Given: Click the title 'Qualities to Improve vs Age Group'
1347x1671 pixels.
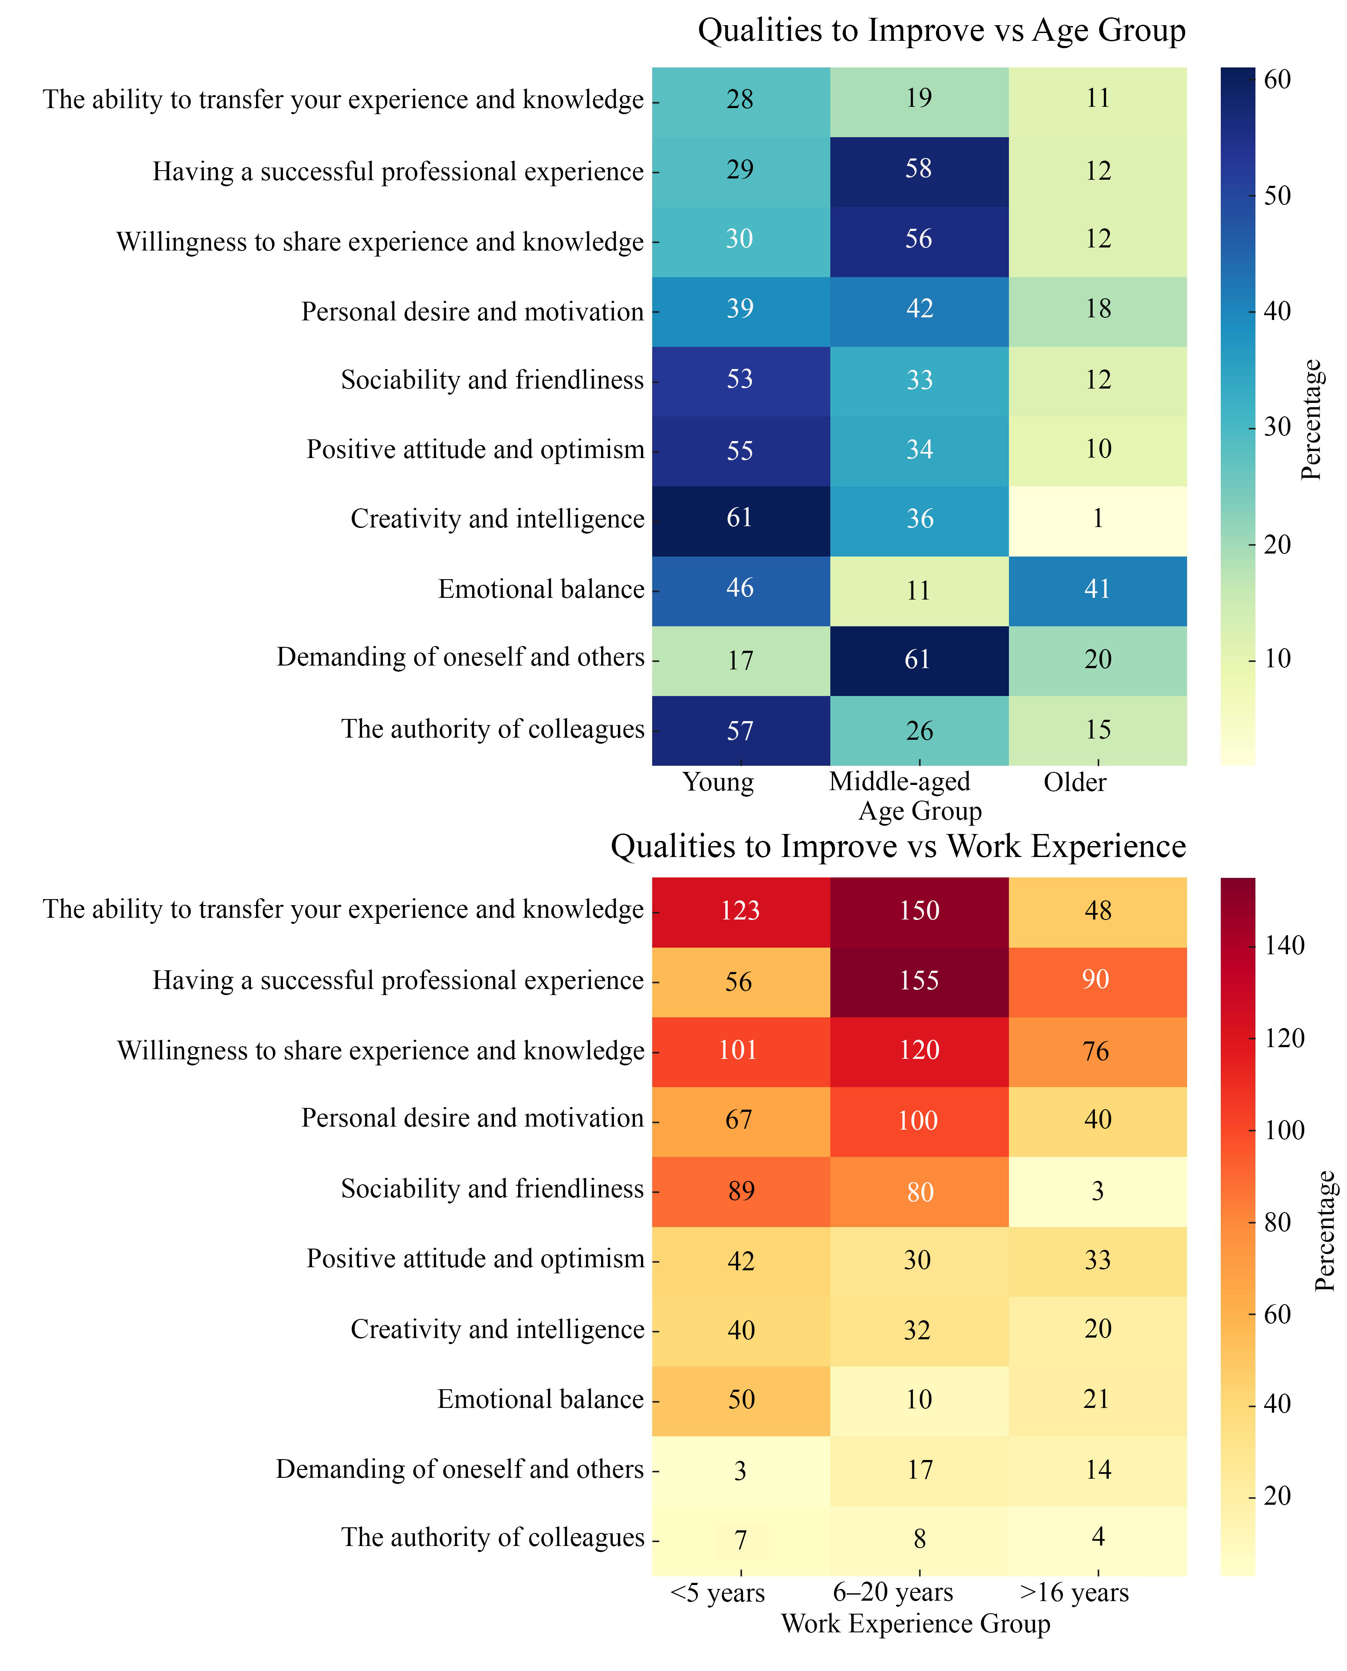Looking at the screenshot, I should [941, 31].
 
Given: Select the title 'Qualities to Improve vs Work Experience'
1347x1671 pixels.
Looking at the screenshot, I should [898, 846].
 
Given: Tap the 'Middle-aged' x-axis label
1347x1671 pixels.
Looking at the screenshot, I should [899, 781].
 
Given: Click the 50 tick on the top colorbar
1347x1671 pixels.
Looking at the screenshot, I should [1276, 196].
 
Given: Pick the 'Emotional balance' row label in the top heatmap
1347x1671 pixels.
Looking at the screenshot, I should [541, 590].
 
